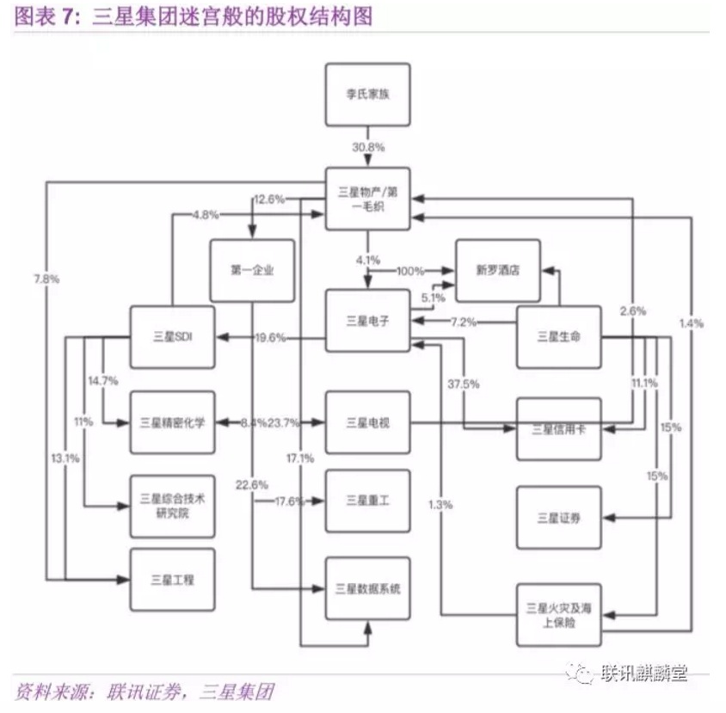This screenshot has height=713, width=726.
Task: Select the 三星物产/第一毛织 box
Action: pyautogui.click(x=368, y=200)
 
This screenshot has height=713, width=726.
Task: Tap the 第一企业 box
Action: pyautogui.click(x=252, y=270)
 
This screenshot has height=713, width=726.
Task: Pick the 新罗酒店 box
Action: pyautogui.click(x=498, y=270)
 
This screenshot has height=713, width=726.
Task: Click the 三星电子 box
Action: pyautogui.click(x=368, y=322)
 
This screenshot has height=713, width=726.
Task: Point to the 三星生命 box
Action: pyautogui.click(x=558, y=337)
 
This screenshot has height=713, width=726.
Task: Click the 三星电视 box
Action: pyautogui.click(x=368, y=422)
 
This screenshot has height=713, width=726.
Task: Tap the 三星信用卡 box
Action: pyautogui.click(x=558, y=429)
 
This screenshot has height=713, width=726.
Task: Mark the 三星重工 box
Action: pyautogui.click(x=368, y=501)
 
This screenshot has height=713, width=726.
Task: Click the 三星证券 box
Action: pyautogui.click(x=558, y=518)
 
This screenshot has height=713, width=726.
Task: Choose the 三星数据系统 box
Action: pyautogui.click(x=368, y=589)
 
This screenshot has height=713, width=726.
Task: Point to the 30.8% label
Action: pyautogui.click(x=368, y=146)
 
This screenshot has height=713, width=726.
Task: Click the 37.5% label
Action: pyautogui.click(x=465, y=384)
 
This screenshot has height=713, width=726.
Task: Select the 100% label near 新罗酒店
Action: pyautogui.click(x=410, y=271)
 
